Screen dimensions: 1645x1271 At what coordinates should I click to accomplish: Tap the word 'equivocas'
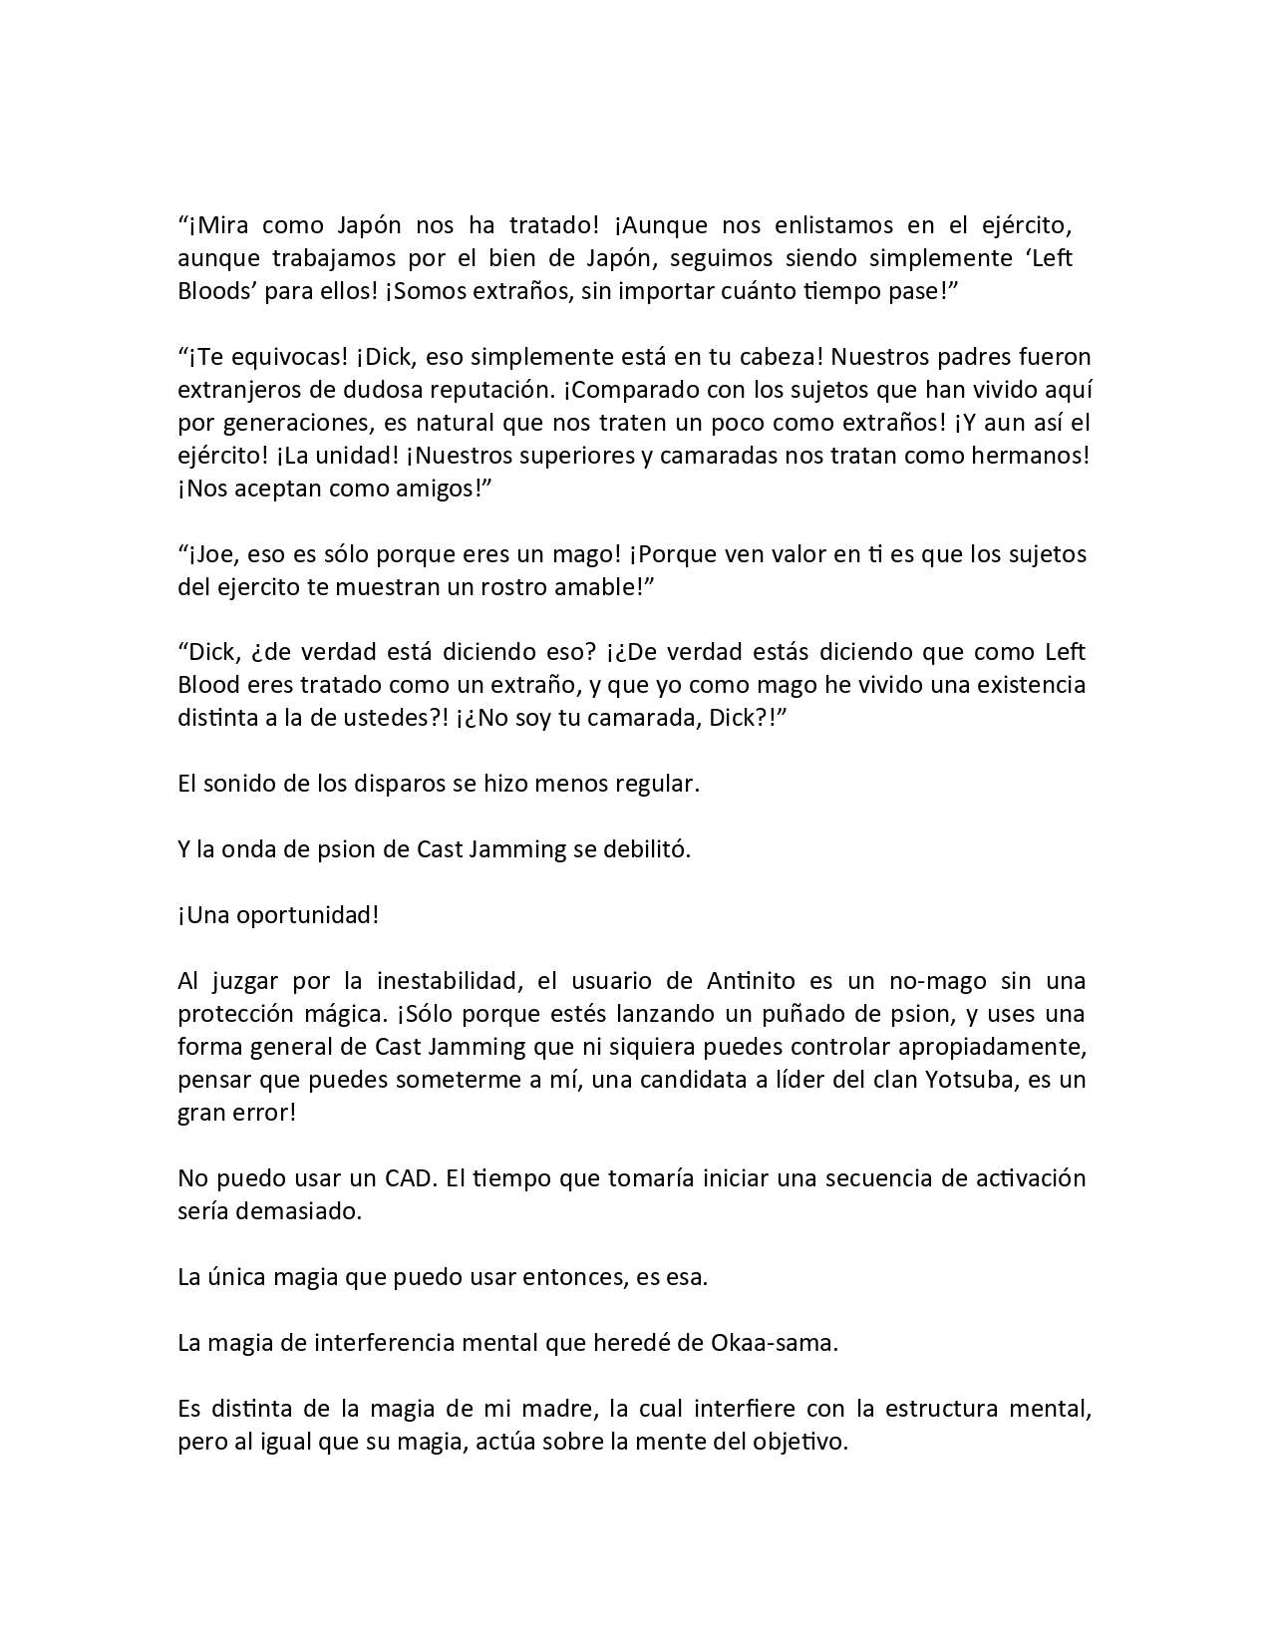[x=268, y=357]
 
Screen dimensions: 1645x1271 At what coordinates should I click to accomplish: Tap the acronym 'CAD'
[x=410, y=1178]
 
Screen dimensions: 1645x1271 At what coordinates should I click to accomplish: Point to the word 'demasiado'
[x=300, y=1211]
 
